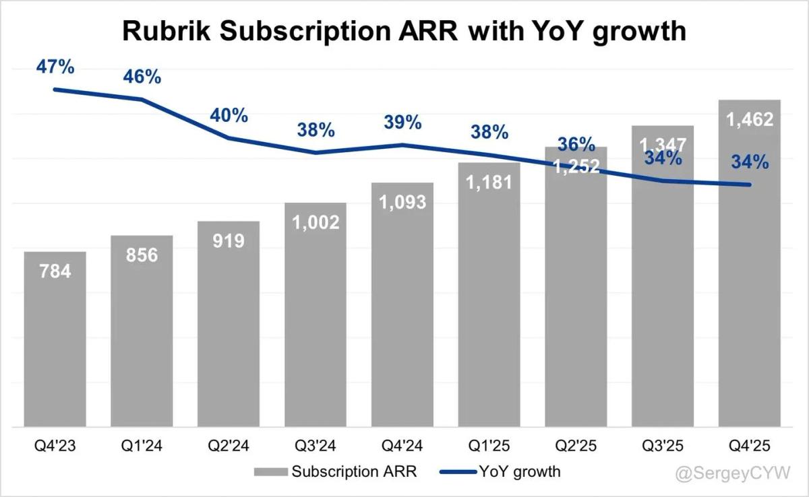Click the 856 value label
coord(142,255)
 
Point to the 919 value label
coord(229,240)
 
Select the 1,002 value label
coord(316,222)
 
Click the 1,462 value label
coord(750,120)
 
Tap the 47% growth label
coord(55,67)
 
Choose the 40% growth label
coord(229,115)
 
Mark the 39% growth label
coord(402,123)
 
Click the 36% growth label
coord(576,144)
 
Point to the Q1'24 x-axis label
coord(142,446)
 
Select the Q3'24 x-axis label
coord(316,446)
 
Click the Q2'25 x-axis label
coord(576,446)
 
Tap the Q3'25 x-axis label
coord(663,446)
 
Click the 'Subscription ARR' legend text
coord(354,471)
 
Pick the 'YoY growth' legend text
coord(520,471)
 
